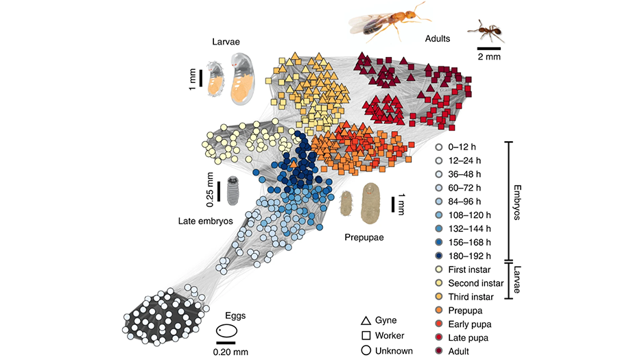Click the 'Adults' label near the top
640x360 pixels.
[x=437, y=39]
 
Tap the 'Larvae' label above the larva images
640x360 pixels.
[x=225, y=43]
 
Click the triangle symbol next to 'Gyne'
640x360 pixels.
[x=366, y=320]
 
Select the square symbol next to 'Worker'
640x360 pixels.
[x=366, y=336]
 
